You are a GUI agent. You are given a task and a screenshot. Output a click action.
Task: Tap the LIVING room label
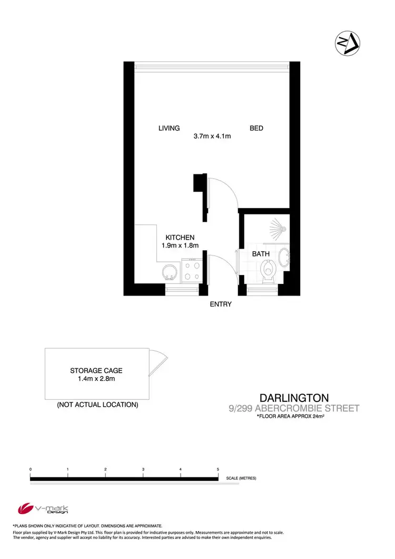pos(169,128)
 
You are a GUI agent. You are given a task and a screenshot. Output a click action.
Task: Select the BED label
pos(256,128)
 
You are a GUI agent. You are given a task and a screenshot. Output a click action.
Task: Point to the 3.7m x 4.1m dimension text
pos(213,136)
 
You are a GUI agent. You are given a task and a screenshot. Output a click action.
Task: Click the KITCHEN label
pos(180,238)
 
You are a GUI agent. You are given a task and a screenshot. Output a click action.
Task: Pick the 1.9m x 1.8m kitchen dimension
pos(180,246)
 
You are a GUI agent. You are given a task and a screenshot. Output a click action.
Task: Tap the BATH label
pos(261,254)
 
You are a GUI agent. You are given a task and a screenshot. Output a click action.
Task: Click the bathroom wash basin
pos(284,258)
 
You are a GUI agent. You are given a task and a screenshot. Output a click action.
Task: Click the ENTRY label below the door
pos(221,304)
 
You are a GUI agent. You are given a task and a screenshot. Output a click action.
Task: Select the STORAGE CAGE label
pos(96,371)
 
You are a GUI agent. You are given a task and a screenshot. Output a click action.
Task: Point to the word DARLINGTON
pos(294,398)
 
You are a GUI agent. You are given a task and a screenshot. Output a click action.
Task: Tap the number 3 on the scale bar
pos(143,469)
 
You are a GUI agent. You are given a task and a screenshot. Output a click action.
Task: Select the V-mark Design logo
pos(43,509)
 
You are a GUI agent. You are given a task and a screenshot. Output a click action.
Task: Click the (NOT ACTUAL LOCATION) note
pos(97,405)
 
